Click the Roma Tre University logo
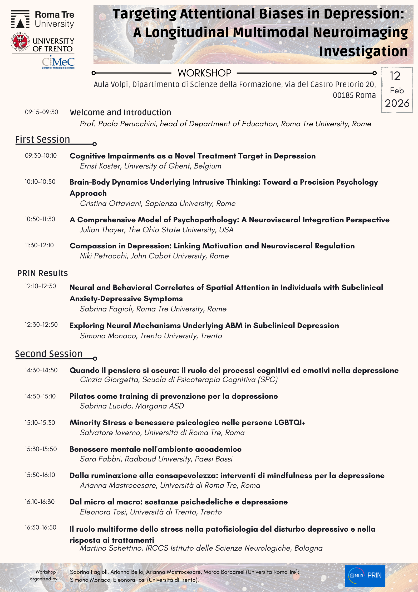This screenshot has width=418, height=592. coord(43,19)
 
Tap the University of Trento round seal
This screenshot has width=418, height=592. coord(20,42)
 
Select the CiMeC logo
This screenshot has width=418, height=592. coord(58,62)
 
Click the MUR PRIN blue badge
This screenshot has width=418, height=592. coord(365,576)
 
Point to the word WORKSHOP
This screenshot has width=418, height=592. coord(204,73)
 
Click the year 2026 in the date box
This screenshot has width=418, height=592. coord(397,103)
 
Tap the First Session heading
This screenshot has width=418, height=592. coord(43,139)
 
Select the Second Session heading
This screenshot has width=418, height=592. coord(49,354)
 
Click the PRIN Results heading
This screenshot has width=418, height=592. coord(42,273)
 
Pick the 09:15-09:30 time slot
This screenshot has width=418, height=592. coord(42,112)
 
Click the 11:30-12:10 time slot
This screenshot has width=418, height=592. coord(39,245)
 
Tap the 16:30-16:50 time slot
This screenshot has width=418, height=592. coord(41,527)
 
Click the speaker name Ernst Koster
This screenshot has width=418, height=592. coord(100,166)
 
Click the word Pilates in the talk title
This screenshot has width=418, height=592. coord(81,396)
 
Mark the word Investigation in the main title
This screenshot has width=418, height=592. coord(363,51)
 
